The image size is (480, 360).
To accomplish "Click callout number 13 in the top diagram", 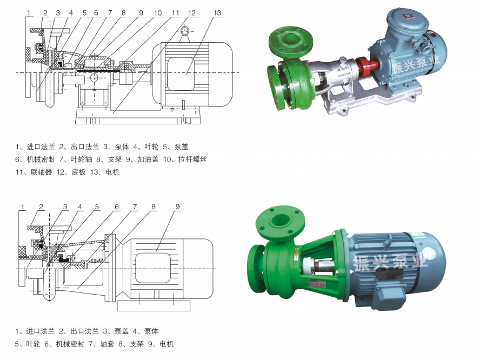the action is tap(217, 13).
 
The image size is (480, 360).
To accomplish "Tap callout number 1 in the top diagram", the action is tap(29, 13).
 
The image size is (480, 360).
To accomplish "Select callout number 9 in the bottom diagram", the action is tap(177, 207).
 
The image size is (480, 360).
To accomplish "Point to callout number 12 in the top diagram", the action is tap(192, 13).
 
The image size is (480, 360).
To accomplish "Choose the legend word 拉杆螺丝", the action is tap(192, 159).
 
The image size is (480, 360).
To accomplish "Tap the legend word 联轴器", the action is tap(41, 172).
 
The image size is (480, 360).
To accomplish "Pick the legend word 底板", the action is tap(79, 172).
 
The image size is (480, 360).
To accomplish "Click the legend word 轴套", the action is tap(107, 344).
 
